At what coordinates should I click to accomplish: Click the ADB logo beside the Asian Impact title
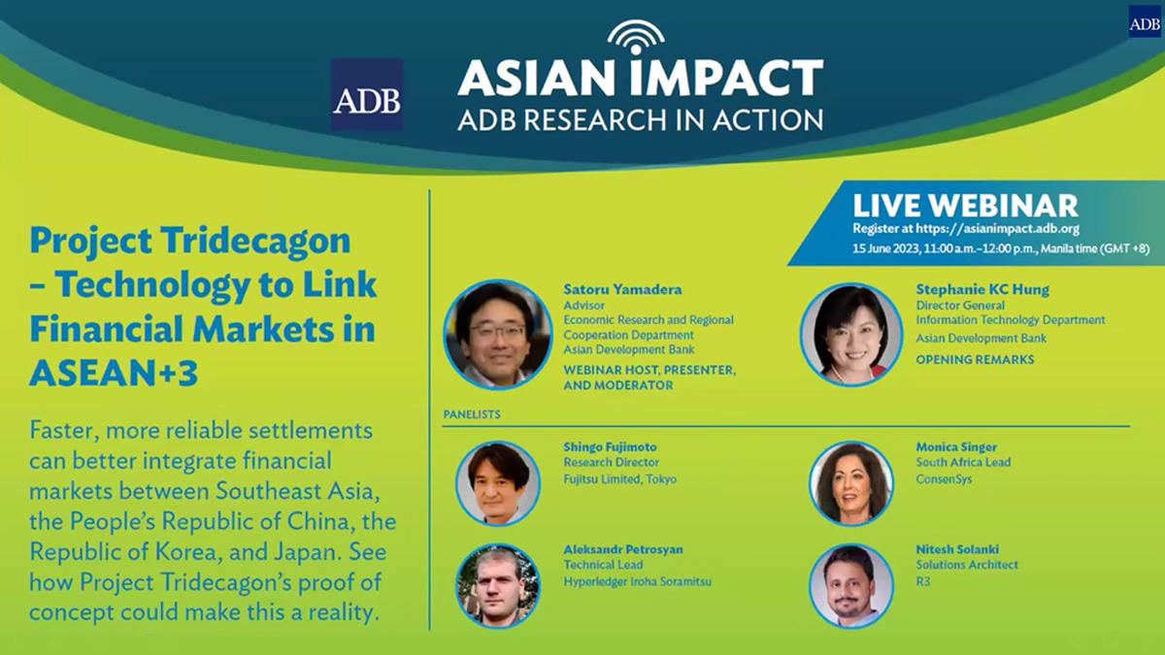[366, 95]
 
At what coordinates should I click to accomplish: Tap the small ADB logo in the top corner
[1144, 20]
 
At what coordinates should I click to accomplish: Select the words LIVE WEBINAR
[965, 206]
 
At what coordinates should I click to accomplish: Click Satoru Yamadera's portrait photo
[497, 335]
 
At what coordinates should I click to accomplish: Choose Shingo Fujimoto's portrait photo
[498, 483]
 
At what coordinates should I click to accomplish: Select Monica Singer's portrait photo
[851, 483]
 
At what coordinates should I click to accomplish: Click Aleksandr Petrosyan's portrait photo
[498, 584]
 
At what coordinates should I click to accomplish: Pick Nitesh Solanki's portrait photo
[851, 584]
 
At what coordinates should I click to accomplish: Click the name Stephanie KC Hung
[982, 289]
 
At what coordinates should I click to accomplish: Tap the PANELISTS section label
[472, 414]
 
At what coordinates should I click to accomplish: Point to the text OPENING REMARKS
[975, 360]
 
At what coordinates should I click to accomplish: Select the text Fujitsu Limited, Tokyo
[619, 479]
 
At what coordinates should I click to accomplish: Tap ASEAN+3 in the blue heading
[114, 373]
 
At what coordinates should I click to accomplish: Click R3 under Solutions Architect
[923, 580]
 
